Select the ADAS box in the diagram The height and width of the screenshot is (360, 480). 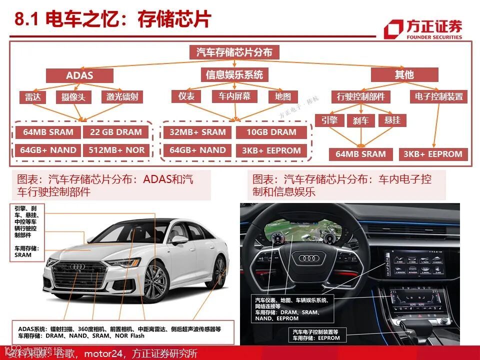79,75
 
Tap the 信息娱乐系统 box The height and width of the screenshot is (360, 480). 234,75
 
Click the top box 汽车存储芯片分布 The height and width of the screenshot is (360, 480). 234,52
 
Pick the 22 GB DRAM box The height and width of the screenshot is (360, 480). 116,132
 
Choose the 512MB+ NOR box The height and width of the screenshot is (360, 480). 116,150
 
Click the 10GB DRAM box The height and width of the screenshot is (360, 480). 271,132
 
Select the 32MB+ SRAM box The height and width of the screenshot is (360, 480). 197,132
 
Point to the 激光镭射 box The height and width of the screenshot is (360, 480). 122,97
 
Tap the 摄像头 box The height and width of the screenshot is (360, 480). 73,97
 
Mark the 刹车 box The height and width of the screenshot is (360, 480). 360,120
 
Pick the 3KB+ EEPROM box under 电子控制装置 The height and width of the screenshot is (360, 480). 433,154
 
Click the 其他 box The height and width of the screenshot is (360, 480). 404,75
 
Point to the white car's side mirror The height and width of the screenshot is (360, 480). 178,240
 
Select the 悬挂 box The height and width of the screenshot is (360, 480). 392,120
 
